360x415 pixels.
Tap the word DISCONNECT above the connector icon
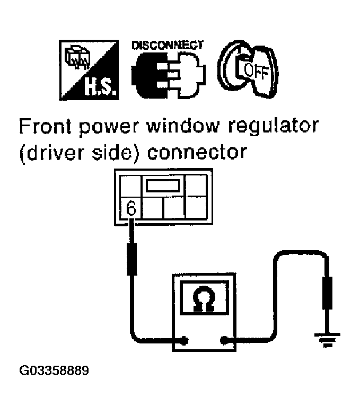tap(167, 44)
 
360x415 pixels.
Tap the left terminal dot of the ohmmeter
tap(183, 340)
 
